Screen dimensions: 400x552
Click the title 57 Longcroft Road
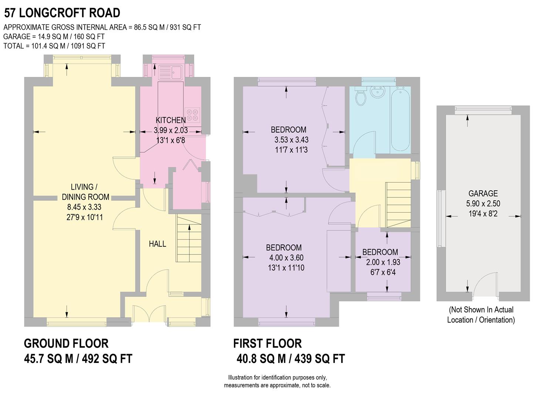(62, 13)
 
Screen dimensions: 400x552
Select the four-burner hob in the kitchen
(192, 115)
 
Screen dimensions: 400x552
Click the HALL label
(157, 244)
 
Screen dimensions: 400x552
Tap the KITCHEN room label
(171, 120)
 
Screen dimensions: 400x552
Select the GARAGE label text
(483, 193)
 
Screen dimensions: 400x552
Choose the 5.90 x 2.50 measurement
(483, 203)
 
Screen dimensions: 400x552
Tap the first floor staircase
(398, 204)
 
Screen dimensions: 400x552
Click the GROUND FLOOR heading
(66, 343)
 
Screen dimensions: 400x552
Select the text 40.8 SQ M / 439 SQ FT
(290, 359)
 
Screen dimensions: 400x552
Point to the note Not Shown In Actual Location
(481, 315)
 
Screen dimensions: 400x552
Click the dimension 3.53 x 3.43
(291, 140)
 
